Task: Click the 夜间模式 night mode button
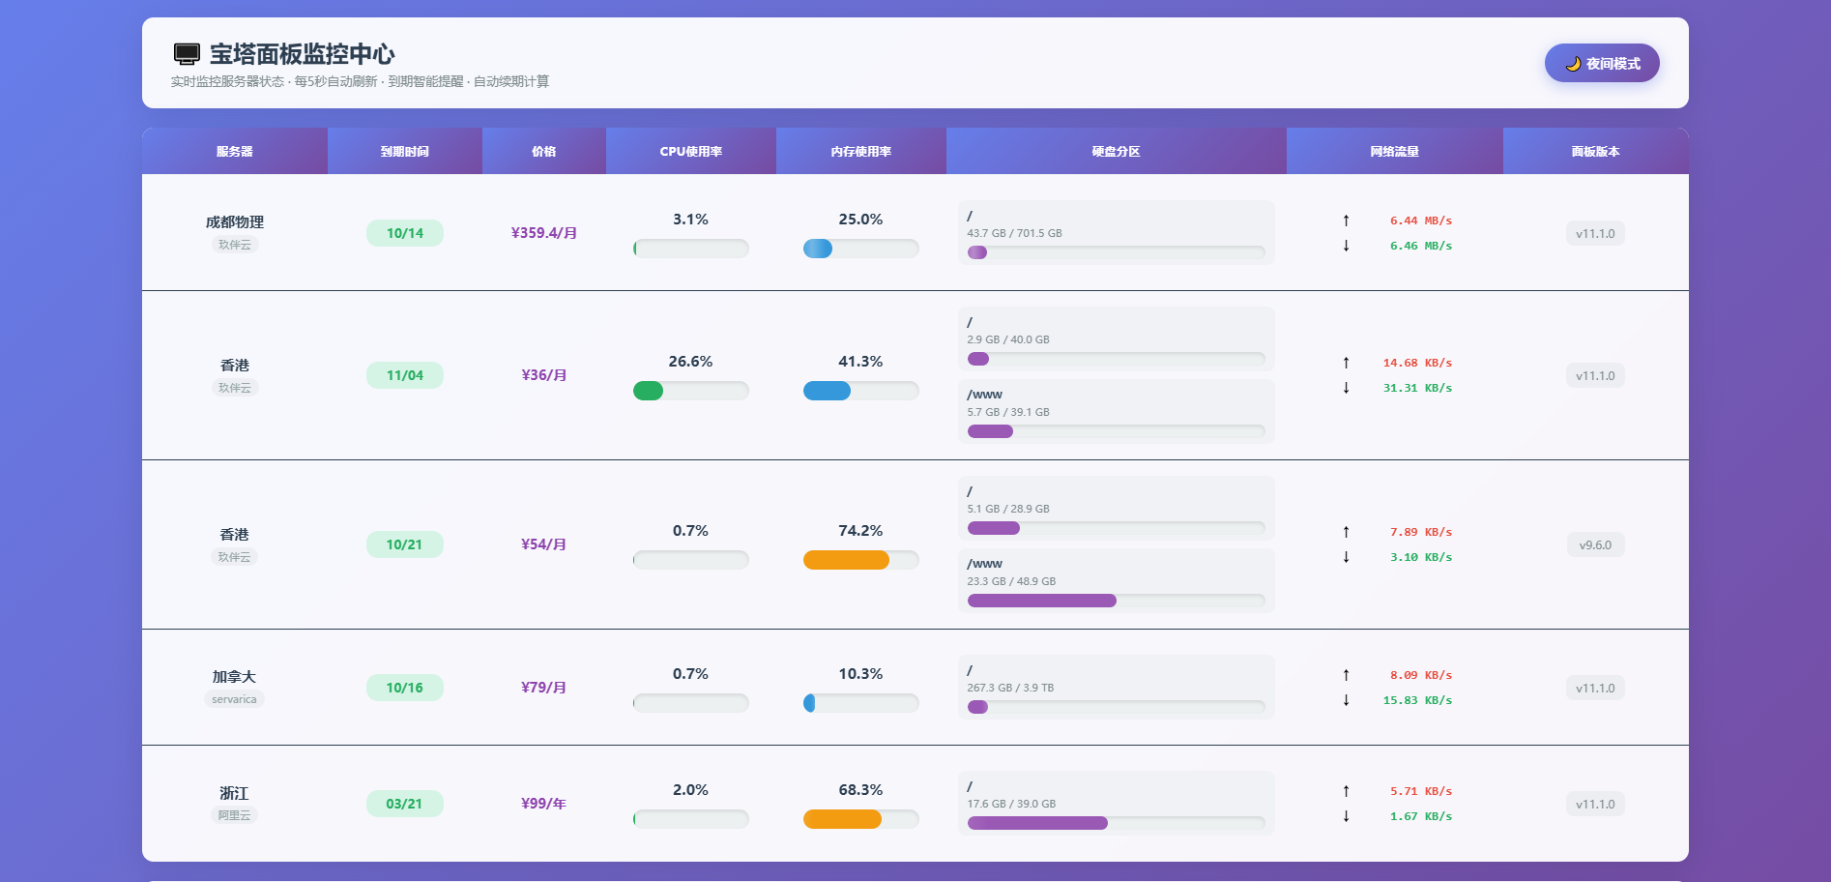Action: [1602, 64]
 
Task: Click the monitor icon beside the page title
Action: [187, 54]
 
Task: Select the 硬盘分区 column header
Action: [1116, 152]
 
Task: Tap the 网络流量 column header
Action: [1394, 152]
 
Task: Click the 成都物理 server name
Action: [234, 222]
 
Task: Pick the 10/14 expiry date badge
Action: [405, 233]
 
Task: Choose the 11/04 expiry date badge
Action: [405, 375]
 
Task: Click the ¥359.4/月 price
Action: [544, 233]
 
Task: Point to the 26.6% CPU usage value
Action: [690, 362]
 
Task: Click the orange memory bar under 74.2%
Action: [846, 560]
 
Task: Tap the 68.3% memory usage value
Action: [860, 790]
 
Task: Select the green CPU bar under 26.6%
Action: [648, 391]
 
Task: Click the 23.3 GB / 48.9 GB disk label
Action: [1011, 581]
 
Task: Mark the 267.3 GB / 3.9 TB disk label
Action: [1010, 688]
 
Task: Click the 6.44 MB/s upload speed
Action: [1420, 220]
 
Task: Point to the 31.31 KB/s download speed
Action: [1417, 388]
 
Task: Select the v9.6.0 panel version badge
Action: [1595, 545]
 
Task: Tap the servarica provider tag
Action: [234, 699]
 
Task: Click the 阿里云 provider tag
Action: [234, 815]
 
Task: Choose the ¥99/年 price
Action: [543, 804]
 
